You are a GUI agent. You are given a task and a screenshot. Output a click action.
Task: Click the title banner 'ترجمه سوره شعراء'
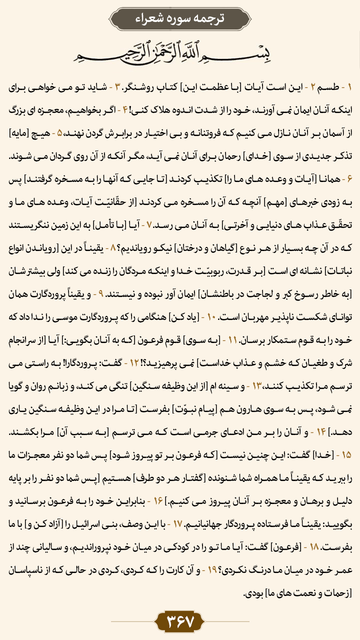(x=180, y=19)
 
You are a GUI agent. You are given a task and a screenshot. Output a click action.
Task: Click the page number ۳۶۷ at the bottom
(x=180, y=622)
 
